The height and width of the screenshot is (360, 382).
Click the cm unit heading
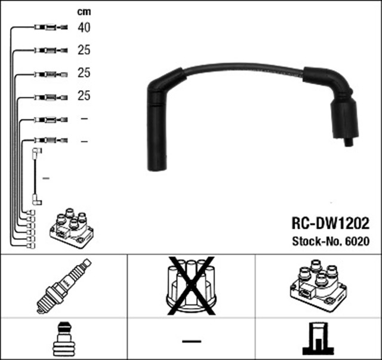coord(84,11)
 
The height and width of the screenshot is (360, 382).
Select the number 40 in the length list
coord(84,27)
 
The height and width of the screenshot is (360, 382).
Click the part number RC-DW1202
coord(330,224)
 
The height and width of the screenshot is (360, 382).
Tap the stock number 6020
coord(359,242)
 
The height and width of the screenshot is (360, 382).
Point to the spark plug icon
coord(64,287)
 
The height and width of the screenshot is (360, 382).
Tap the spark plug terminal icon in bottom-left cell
coord(63,339)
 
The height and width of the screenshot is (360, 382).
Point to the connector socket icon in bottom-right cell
coord(318,339)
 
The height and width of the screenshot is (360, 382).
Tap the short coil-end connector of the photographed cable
coord(344,122)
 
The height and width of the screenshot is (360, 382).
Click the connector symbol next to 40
coord(51,27)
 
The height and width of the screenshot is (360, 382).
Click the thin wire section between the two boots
coord(245,69)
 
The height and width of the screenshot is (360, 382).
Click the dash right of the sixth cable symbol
coord(84,141)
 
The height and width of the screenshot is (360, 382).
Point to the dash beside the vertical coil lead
coord(47,178)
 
